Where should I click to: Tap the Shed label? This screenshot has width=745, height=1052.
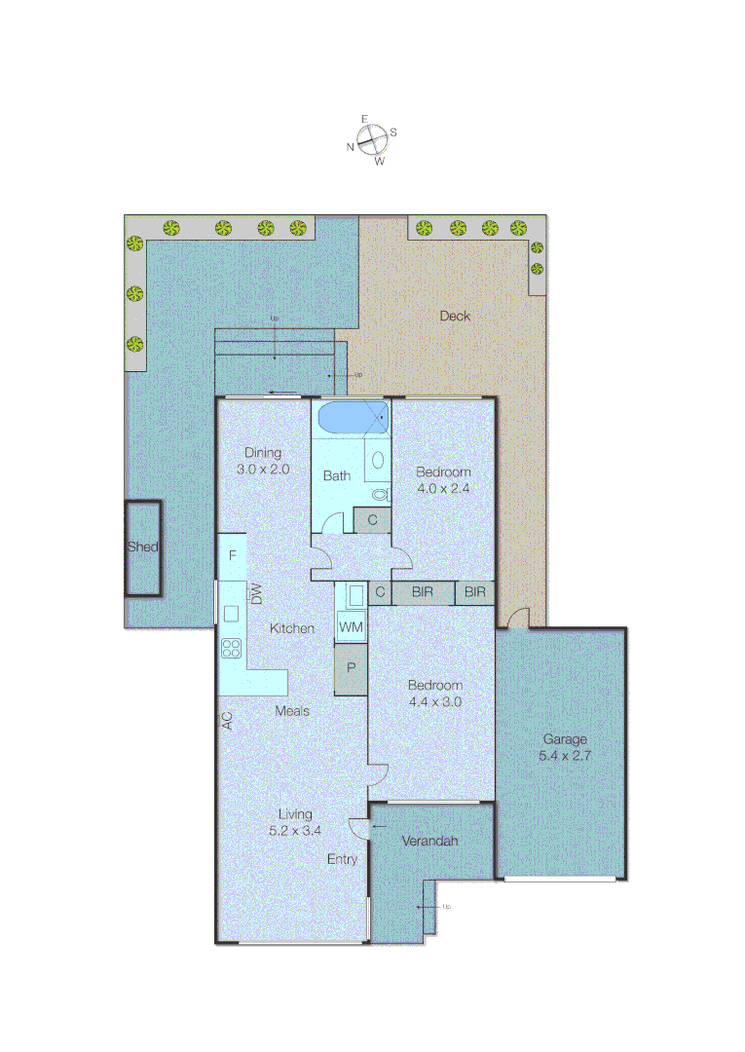pos(142,547)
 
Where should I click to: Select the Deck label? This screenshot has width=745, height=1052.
pos(455,316)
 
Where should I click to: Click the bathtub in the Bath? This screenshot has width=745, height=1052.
pos(353,420)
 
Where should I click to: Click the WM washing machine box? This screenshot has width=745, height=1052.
pos(351,626)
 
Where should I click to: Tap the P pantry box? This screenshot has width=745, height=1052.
pos(351,672)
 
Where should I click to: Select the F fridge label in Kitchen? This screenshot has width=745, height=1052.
pos(232,555)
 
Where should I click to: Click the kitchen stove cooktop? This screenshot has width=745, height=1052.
pos(232,648)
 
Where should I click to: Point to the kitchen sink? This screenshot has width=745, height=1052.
pos(232,613)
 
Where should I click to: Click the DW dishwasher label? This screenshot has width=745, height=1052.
pos(257,593)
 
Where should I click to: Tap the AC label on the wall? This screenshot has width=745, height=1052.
pos(227,721)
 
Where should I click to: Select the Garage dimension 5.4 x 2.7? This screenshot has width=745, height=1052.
pos(565,755)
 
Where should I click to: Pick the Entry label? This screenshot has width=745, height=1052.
pos(342,859)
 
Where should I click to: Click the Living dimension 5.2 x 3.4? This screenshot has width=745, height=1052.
pos(295,831)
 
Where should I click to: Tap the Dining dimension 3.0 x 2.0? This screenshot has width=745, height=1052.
pos(262,469)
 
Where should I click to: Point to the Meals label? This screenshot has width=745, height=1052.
pos(292,711)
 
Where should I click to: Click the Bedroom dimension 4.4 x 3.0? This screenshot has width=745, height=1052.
pos(435,700)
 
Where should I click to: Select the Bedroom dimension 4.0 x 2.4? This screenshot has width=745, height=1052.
pos(443,489)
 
